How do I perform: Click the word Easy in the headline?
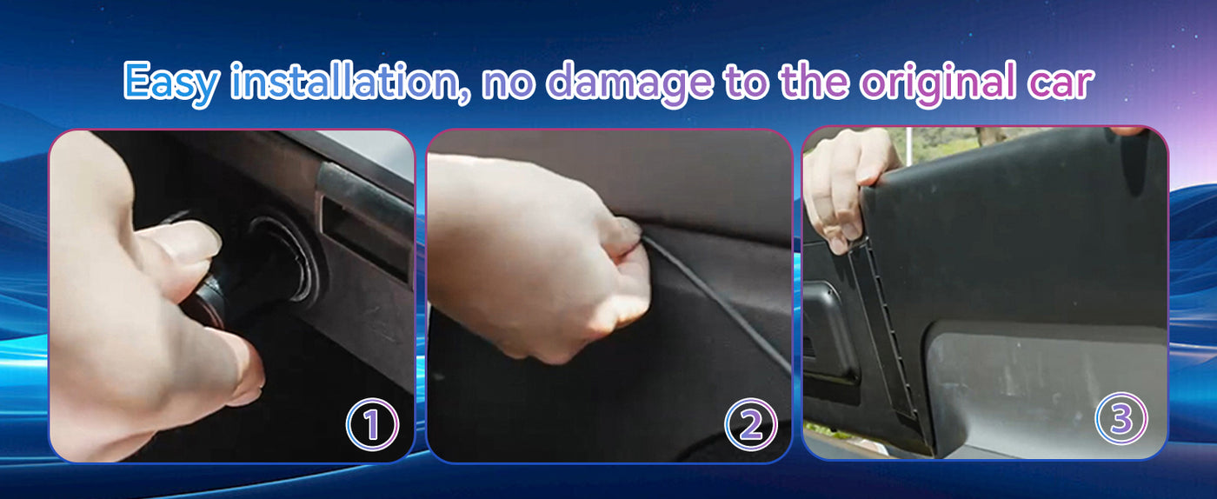(x=172, y=83)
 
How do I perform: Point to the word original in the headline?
(x=938, y=83)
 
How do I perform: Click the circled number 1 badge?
(x=372, y=424)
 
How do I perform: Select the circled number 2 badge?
(x=751, y=424)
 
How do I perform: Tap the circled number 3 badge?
(x=1121, y=419)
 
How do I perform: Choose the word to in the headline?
(x=746, y=83)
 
